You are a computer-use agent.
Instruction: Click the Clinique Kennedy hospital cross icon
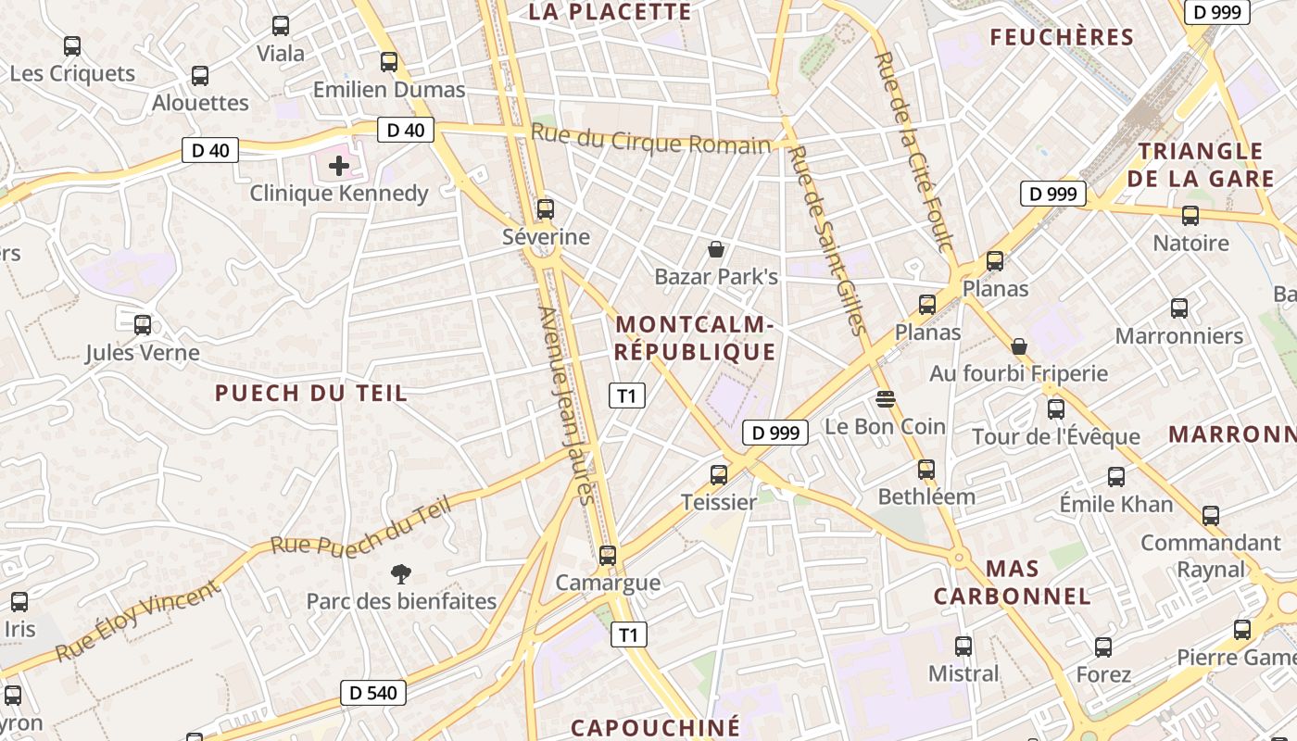(339, 166)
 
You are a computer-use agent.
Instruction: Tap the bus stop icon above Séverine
(546, 209)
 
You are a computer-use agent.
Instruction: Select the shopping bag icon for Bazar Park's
(715, 249)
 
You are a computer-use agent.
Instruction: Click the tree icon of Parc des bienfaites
(400, 574)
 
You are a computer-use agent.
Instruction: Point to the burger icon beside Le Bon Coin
(885, 399)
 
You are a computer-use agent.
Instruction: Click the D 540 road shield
(373, 692)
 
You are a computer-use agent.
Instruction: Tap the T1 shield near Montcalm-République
(627, 396)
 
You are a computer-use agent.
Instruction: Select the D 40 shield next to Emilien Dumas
(406, 130)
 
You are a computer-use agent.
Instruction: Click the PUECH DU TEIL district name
(311, 393)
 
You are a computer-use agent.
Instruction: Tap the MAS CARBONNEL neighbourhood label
(1012, 582)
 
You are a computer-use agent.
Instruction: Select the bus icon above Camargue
(608, 556)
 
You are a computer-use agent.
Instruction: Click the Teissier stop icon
(718, 475)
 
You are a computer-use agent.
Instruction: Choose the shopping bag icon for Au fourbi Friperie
(1019, 346)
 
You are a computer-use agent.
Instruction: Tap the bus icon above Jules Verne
(143, 325)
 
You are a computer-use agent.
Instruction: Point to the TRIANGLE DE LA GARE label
(1200, 164)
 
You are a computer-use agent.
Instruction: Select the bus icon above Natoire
(1190, 216)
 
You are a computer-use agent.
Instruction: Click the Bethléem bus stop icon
(926, 470)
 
